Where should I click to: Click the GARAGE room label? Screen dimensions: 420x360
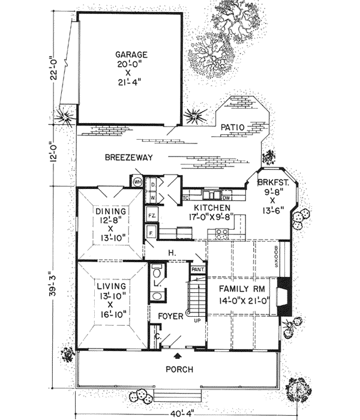[131, 55]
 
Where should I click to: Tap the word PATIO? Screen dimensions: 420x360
[231, 127]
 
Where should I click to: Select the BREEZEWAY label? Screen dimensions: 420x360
[128, 158]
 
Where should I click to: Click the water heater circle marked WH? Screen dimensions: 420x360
[137, 182]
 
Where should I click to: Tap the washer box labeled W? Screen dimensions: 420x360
[153, 196]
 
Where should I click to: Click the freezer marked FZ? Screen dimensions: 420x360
[152, 214]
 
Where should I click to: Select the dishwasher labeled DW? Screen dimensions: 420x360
[226, 197]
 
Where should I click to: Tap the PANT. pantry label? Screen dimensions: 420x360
[197, 270]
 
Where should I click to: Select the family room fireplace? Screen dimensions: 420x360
[287, 297]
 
